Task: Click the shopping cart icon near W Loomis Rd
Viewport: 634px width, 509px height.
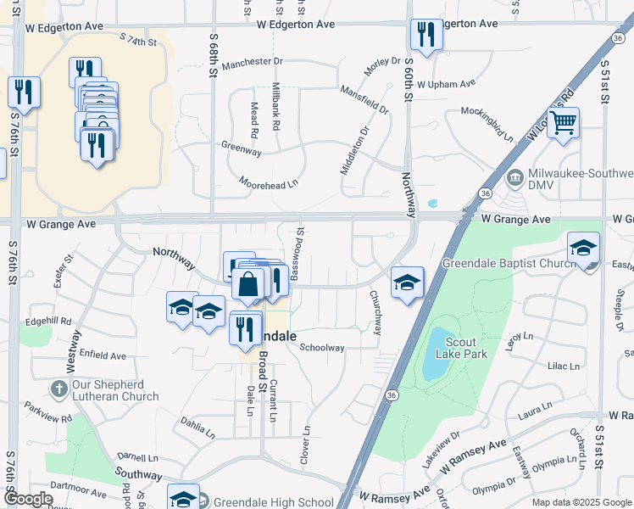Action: pyautogui.click(x=563, y=124)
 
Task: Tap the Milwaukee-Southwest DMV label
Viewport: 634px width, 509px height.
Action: pyautogui.click(x=576, y=180)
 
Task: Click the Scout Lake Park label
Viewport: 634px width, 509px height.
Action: pyautogui.click(x=461, y=348)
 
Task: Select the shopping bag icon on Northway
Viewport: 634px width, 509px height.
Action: pyautogui.click(x=248, y=285)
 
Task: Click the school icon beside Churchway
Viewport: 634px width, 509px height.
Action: pyautogui.click(x=407, y=282)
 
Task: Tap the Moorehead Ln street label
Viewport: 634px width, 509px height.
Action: pyautogui.click(x=270, y=182)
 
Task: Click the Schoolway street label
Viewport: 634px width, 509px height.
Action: pyautogui.click(x=322, y=348)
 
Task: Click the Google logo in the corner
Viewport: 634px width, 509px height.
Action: pyautogui.click(x=28, y=499)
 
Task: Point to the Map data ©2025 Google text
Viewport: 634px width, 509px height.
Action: pyautogui.click(x=581, y=502)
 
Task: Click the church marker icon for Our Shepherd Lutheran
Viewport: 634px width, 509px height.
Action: pyautogui.click(x=58, y=390)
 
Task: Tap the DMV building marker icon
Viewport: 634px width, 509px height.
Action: pyautogui.click(x=514, y=179)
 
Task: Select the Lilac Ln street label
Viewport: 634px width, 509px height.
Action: pyautogui.click(x=563, y=366)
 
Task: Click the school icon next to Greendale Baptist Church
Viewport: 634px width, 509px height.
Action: pyautogui.click(x=583, y=248)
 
